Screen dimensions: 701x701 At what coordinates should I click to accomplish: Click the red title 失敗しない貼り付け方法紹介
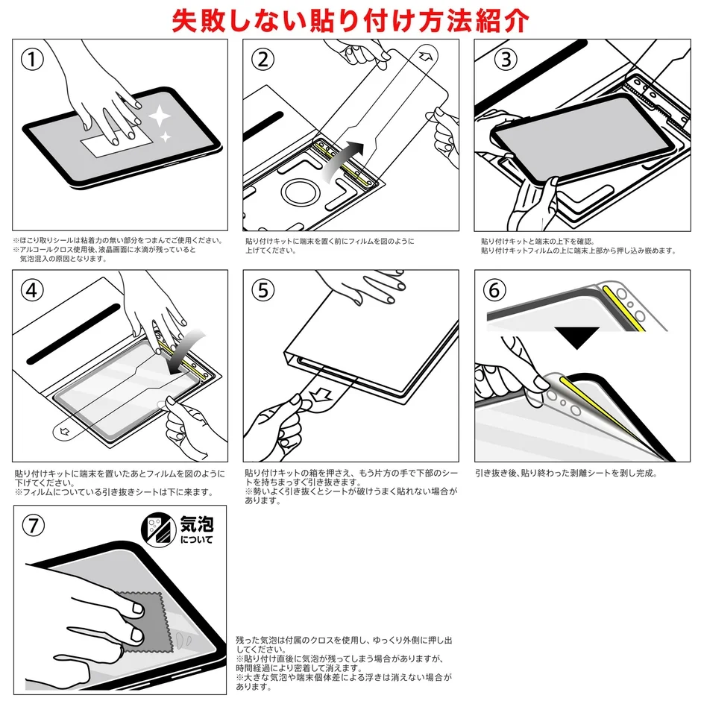[350, 19]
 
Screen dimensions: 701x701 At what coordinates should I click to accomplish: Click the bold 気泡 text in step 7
[195, 524]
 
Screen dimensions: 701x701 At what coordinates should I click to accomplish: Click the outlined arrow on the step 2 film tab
[427, 56]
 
